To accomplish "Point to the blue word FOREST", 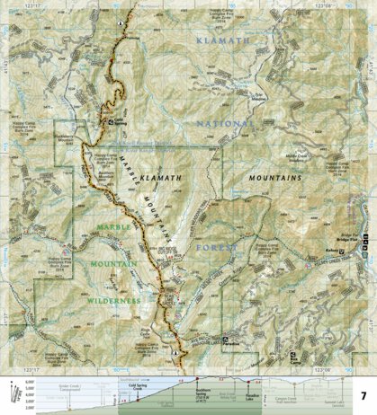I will coord(220,246).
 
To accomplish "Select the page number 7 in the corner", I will coord(362,370).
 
